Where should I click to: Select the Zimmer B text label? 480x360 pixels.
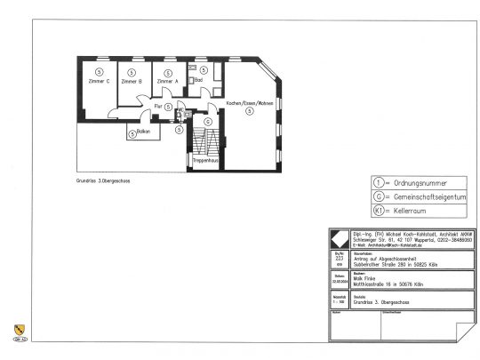[132, 81]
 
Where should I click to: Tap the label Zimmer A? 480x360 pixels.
[167, 81]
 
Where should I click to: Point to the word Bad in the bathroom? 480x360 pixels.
[198, 79]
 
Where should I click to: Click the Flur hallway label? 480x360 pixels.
[157, 107]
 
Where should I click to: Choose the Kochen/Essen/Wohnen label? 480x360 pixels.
[249, 104]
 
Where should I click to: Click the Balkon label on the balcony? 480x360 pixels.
[144, 132]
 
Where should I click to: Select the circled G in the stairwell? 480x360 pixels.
[208, 121]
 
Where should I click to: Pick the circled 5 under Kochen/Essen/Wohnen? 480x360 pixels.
[249, 121]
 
